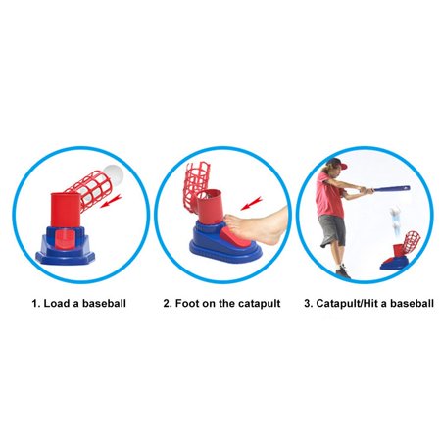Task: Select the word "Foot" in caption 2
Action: point(193,304)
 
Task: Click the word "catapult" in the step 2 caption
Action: point(257,304)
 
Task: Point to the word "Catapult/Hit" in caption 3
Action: point(345,304)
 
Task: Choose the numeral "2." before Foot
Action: point(169,304)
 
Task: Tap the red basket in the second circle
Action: point(196,180)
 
